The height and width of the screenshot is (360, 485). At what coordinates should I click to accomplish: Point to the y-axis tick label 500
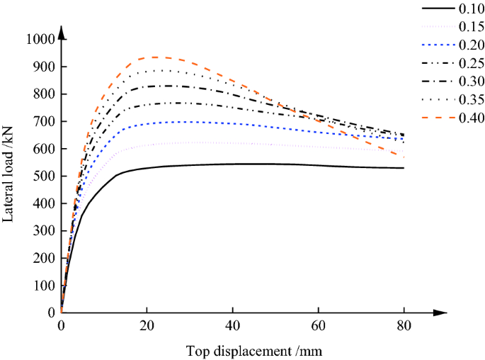43,176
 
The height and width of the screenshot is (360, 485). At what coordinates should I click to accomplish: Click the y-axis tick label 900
43,67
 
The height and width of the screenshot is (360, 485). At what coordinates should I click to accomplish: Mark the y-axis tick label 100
43,286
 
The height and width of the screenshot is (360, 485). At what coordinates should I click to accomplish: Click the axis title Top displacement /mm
256,351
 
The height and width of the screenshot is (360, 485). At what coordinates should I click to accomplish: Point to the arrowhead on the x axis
443,313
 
